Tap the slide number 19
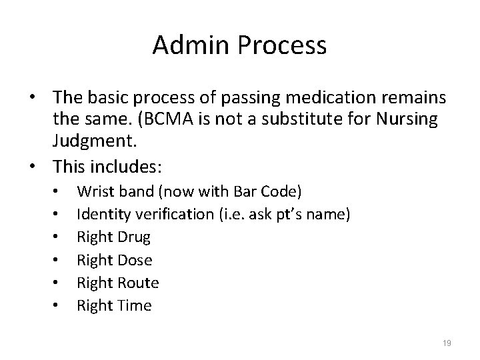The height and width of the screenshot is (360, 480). tap(447, 343)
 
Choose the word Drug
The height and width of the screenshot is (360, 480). tap(134, 237)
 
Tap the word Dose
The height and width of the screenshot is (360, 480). tap(135, 260)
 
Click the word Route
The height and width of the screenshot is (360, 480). tap(138, 283)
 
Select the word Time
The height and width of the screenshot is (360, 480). tap(135, 305)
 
